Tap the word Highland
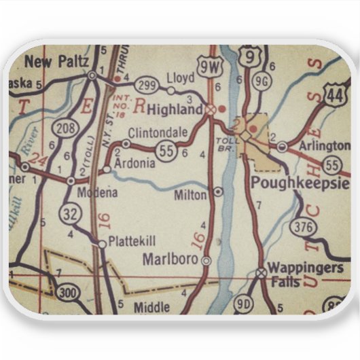[x=175, y=109]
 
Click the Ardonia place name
[x=137, y=163]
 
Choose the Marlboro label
[x=170, y=259]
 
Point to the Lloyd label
[x=185, y=77]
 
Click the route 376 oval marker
[x=303, y=228]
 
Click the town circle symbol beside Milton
[x=217, y=192]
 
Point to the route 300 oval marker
[x=67, y=293]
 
